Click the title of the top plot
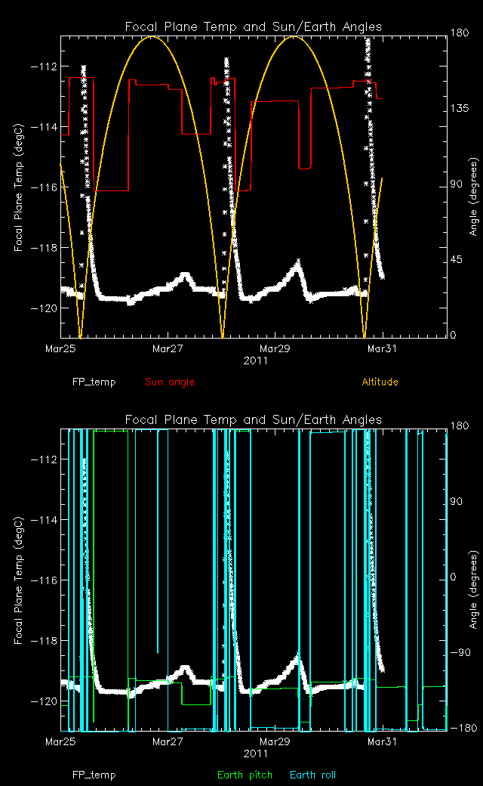pyautogui.click(x=253, y=27)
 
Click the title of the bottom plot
pyautogui.click(x=253, y=419)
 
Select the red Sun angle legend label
pyautogui.click(x=169, y=382)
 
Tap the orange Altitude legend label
pyautogui.click(x=380, y=382)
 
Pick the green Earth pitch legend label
pyautogui.click(x=242, y=775)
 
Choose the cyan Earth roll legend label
pyautogui.click(x=312, y=775)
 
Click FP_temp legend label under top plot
pyautogui.click(x=94, y=382)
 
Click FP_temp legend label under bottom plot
pyautogui.click(x=94, y=775)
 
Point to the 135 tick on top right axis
pyautogui.click(x=457, y=109)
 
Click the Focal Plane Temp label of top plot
pyautogui.click(x=18, y=186)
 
